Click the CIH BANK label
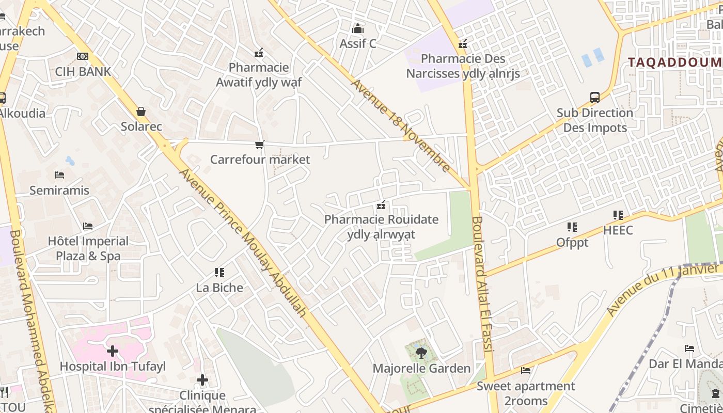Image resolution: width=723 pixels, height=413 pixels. (x=83, y=71)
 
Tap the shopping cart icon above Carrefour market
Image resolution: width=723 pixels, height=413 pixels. (x=259, y=145)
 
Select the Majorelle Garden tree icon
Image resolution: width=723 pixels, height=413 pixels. (x=421, y=353)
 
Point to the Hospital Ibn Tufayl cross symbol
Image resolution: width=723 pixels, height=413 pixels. (x=113, y=352)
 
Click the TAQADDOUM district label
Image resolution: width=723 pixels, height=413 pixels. (x=674, y=62)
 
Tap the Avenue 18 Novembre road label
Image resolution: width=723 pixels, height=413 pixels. (x=401, y=125)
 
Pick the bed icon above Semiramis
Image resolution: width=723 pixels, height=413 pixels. (x=59, y=176)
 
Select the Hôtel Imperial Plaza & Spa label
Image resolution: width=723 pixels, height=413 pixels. (x=88, y=248)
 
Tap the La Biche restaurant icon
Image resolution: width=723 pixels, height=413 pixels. (x=219, y=272)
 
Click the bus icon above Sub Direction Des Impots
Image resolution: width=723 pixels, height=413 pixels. (x=595, y=97)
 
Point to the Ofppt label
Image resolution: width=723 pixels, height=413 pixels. (x=572, y=242)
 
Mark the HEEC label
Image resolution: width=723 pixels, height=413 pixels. (x=618, y=230)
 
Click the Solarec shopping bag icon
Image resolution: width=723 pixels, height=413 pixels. (x=141, y=112)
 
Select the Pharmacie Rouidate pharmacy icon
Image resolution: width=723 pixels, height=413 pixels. (x=381, y=205)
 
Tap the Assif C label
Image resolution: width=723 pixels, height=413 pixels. (x=358, y=44)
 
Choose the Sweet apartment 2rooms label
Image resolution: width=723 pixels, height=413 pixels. (x=526, y=393)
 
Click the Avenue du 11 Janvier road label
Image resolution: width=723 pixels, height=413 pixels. (x=663, y=289)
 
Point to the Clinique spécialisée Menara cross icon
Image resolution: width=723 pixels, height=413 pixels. (x=202, y=380)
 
